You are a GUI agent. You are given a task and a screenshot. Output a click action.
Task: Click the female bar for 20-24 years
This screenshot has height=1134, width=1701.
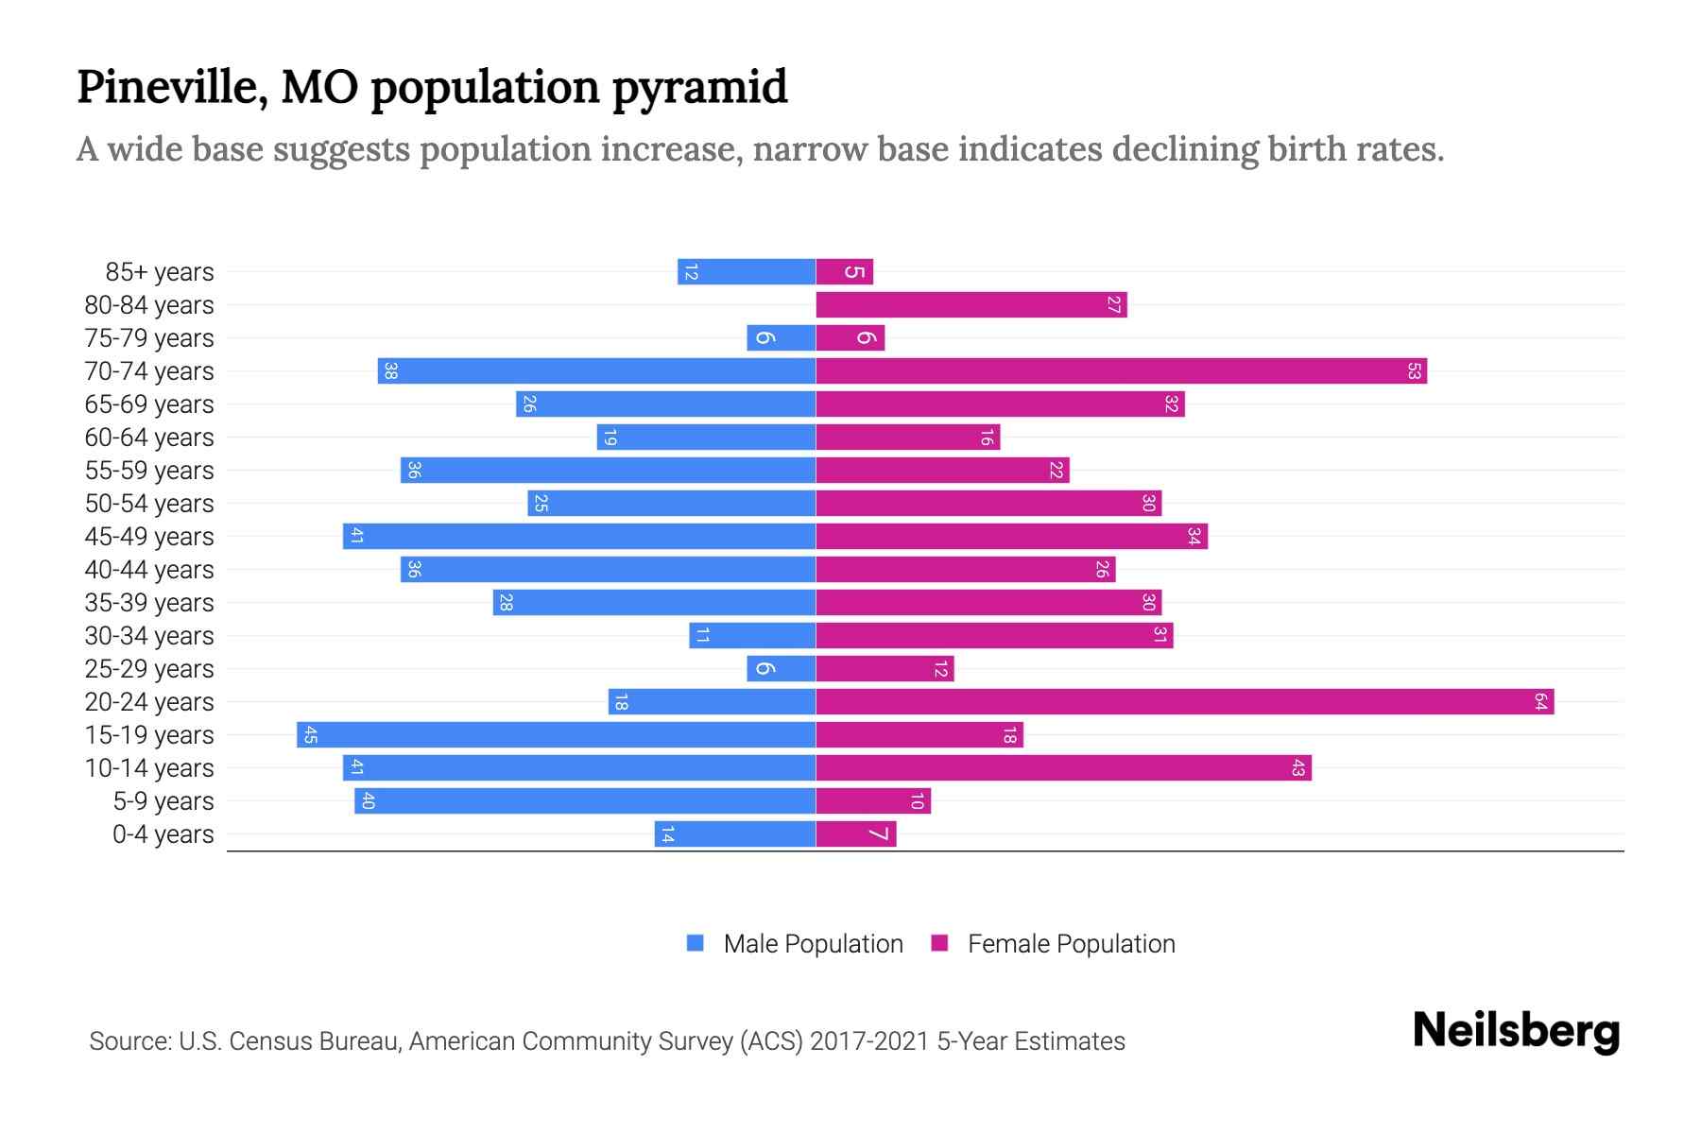pyautogui.click(x=1184, y=701)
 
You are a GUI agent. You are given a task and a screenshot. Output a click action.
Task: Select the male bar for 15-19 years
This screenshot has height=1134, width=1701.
pyautogui.click(x=556, y=734)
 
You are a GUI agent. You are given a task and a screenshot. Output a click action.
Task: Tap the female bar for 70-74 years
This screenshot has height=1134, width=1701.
pyautogui.click(x=1121, y=370)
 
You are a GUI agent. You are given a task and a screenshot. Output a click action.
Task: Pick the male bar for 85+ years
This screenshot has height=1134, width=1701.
pyautogui.click(x=747, y=271)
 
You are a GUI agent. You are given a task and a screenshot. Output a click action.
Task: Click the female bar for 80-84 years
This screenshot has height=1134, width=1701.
pyautogui.click(x=971, y=304)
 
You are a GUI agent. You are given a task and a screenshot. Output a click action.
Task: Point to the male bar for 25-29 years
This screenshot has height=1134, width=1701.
pyautogui.click(x=781, y=668)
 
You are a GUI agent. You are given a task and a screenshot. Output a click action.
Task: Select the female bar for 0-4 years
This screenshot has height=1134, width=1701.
pyautogui.click(x=855, y=833)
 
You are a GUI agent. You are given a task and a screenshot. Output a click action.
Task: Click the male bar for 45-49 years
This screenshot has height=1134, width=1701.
pyautogui.click(x=578, y=536)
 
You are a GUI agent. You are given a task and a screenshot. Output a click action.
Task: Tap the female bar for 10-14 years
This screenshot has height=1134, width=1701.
pyautogui.click(x=1063, y=767)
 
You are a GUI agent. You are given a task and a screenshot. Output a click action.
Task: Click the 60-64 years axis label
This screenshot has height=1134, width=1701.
pyautogui.click(x=149, y=438)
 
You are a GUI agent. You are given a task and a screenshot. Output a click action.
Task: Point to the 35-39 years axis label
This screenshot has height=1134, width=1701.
pyautogui.click(x=149, y=603)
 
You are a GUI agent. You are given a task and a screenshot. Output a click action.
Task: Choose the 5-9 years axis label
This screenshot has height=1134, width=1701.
pyautogui.click(x=163, y=801)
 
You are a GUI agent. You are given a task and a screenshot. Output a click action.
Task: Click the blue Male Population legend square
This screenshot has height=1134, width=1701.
pyautogui.click(x=696, y=943)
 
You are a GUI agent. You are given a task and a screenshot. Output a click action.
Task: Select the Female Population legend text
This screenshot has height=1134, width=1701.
pyautogui.click(x=1071, y=944)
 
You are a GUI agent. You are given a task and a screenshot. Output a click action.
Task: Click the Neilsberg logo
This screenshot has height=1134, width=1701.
pyautogui.click(x=1516, y=1031)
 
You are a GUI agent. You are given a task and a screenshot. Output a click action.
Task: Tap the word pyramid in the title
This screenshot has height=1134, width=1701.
pyautogui.click(x=699, y=87)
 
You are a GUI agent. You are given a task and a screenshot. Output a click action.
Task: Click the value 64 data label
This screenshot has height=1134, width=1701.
pyautogui.click(x=1540, y=701)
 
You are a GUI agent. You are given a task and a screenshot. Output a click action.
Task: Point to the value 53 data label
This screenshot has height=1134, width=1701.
pyautogui.click(x=1414, y=370)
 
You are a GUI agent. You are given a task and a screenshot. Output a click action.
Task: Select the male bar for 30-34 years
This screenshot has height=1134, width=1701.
pyautogui.click(x=752, y=635)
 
